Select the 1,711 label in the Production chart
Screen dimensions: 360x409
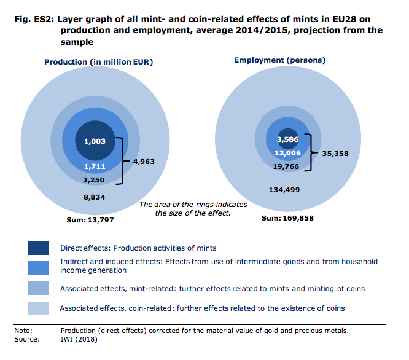[94, 166]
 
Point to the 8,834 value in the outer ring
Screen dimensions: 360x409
[94, 197]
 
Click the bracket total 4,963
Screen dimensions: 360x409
[144, 163]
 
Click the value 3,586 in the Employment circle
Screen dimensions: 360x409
[287, 140]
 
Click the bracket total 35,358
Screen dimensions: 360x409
[335, 154]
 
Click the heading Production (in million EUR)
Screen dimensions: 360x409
[98, 62]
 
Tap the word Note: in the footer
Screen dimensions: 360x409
[23, 331]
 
